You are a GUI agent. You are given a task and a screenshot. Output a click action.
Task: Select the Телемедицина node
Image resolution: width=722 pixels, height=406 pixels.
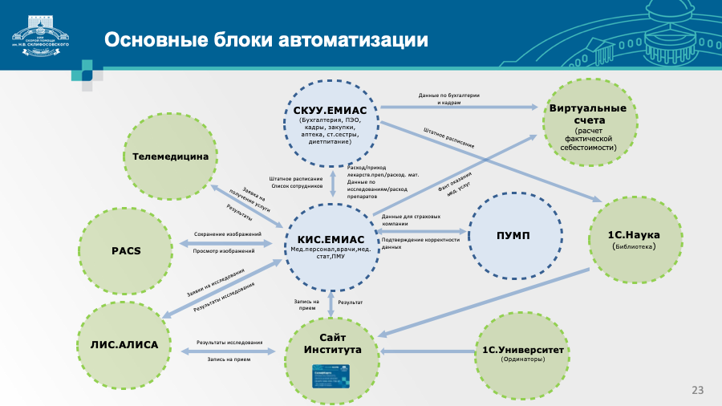170,157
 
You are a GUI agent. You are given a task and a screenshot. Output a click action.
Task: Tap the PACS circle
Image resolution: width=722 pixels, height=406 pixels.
126,250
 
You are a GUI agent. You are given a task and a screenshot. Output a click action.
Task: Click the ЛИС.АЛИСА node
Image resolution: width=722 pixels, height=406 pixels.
124,345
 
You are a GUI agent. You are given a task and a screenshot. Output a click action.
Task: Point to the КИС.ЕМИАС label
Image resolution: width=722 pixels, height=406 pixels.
331,239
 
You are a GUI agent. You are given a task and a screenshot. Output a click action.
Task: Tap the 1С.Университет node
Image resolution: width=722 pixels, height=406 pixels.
522,354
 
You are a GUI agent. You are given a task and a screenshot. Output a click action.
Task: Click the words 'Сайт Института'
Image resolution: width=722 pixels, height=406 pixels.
333,344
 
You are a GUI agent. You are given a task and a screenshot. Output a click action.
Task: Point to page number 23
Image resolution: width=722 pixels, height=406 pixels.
697,391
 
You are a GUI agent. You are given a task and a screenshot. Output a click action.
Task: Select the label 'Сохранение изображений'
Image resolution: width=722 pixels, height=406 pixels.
228,235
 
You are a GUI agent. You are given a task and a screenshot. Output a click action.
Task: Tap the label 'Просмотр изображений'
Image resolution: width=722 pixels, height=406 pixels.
227,251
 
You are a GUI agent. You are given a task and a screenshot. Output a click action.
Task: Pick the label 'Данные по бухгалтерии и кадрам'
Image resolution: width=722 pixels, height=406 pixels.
449,99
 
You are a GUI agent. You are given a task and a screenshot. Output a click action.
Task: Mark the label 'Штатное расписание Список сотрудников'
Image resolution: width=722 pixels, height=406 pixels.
296,182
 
